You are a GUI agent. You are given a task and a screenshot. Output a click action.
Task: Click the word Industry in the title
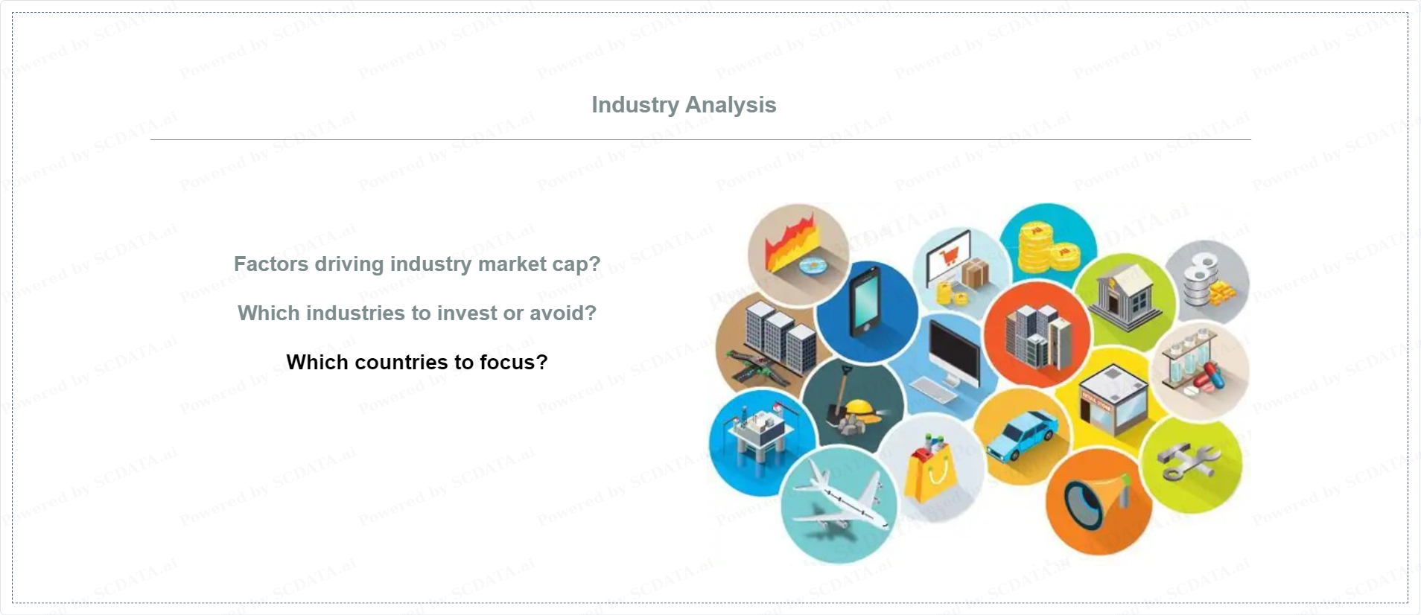click(635, 105)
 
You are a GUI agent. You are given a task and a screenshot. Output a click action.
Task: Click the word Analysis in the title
click(731, 105)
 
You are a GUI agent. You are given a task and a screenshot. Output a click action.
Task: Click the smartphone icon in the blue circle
click(865, 301)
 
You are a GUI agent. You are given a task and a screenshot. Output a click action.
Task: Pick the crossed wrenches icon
click(1189, 462)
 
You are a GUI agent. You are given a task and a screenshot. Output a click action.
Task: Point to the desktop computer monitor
click(953, 355)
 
